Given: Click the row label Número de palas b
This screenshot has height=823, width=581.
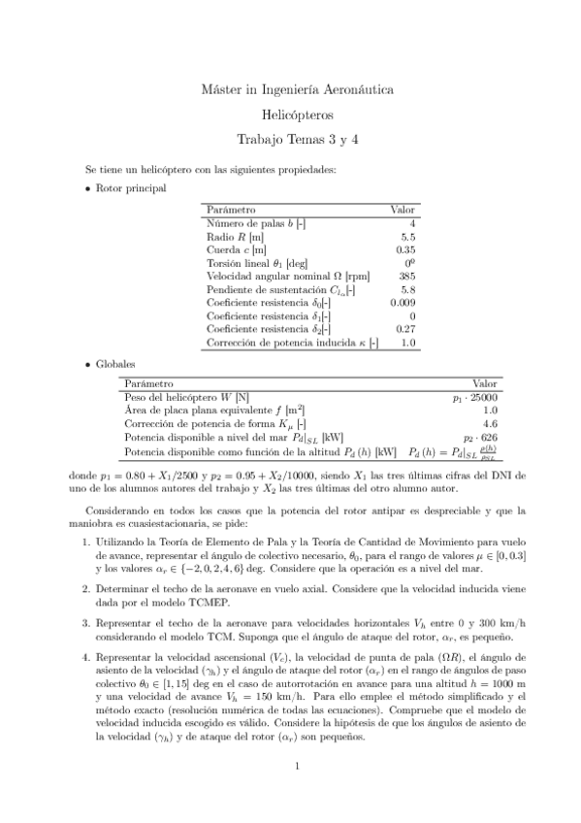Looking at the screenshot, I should (x=256, y=223).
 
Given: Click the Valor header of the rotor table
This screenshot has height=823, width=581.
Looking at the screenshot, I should (x=403, y=209).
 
